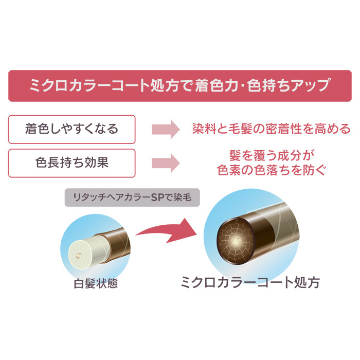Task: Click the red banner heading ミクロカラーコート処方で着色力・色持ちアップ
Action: pyautogui.click(x=180, y=85)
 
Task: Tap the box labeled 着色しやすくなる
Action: pyautogui.click(x=71, y=130)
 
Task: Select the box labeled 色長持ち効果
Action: pyautogui.click(x=71, y=163)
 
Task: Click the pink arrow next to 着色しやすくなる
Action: pyautogui.click(x=166, y=129)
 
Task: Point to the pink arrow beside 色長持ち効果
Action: pyautogui.click(x=166, y=163)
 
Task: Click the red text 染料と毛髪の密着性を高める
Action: pyautogui.click(x=272, y=129)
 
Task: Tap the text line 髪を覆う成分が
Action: pyautogui.click(x=272, y=155)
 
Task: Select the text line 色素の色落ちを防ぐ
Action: pyautogui.click(x=272, y=170)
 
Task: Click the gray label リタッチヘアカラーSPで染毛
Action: pyautogui.click(x=132, y=197)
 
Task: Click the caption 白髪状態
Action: pyautogui.click(x=96, y=283)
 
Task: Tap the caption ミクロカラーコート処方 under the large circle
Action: pyautogui.click(x=250, y=282)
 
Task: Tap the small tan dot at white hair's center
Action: pyautogui.click(x=79, y=255)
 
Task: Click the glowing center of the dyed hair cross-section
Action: pyautogui.click(x=235, y=242)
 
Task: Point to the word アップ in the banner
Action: pyautogui.click(x=311, y=85)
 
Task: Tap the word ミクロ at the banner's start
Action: pyautogui.click(x=48, y=85)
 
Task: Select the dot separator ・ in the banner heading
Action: pyautogui.click(x=243, y=85)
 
